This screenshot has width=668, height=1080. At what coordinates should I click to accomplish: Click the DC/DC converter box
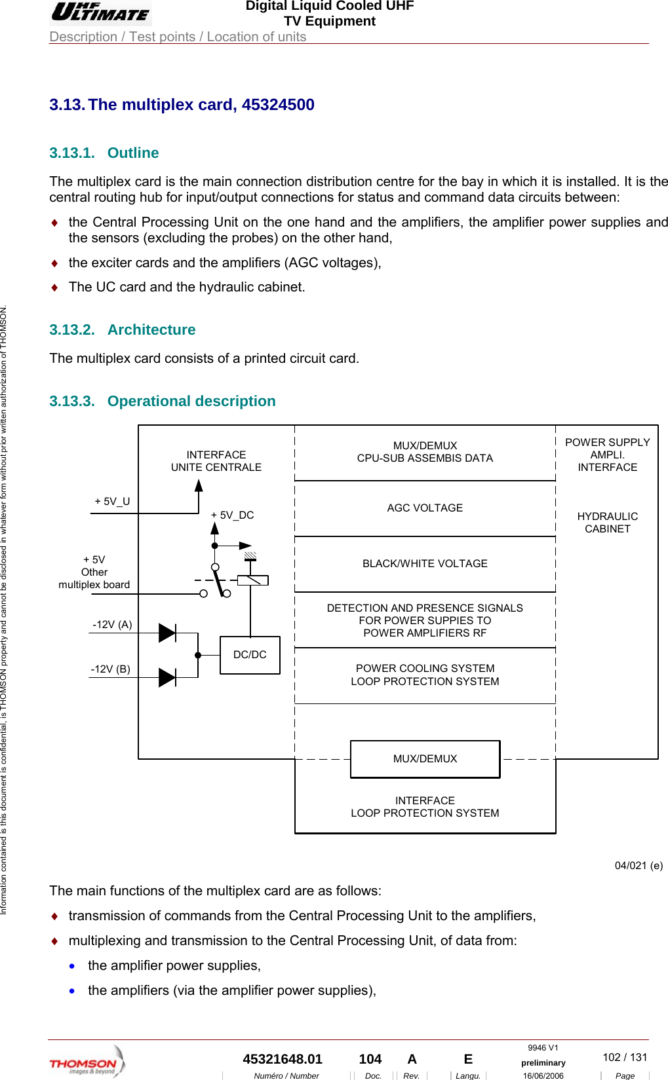[x=250, y=655]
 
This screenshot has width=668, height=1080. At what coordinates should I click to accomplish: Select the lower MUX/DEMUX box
[x=425, y=759]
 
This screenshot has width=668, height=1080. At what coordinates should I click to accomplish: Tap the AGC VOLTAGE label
[x=425, y=508]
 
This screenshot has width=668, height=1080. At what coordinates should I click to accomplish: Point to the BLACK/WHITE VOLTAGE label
[x=425, y=564]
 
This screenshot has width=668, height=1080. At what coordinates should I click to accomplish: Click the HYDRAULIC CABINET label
[x=607, y=523]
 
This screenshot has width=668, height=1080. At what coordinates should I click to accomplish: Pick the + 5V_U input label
[x=112, y=502]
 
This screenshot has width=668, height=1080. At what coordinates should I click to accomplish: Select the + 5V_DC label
[x=232, y=515]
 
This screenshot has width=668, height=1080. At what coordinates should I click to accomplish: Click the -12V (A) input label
[x=112, y=625]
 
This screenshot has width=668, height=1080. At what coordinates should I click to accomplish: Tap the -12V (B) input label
[x=110, y=669]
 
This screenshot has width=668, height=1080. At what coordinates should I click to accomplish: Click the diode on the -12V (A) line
[x=167, y=633]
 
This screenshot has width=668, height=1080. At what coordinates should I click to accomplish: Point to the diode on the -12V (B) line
[x=167, y=677]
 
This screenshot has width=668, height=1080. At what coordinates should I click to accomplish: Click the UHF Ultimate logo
[x=100, y=12]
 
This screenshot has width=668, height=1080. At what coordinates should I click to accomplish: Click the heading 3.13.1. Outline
[x=104, y=153]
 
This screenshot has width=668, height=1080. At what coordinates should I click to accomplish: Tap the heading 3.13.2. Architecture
[x=123, y=330]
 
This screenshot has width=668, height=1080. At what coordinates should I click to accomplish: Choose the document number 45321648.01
[x=283, y=1059]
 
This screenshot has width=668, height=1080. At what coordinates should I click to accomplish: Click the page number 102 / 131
[x=625, y=1057]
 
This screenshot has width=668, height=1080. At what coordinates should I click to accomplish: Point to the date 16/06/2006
[x=543, y=1075]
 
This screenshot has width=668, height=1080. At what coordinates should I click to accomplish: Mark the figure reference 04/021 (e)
[x=639, y=866]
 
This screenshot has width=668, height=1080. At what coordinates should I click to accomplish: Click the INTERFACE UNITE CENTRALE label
[x=216, y=461]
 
